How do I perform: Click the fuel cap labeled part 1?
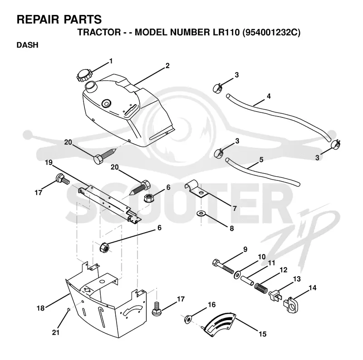(84, 75)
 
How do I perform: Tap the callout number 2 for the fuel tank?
(167, 66)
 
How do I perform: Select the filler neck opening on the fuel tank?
(90, 85)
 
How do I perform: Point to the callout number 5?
(261, 160)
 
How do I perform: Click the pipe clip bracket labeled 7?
(196, 188)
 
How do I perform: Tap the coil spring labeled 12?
(261, 286)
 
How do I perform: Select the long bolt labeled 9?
(223, 267)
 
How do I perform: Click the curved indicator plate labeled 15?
(220, 324)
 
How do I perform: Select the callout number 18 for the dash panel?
(40, 308)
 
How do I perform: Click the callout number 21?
(55, 332)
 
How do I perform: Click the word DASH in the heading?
(27, 45)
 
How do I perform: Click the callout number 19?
(49, 162)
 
